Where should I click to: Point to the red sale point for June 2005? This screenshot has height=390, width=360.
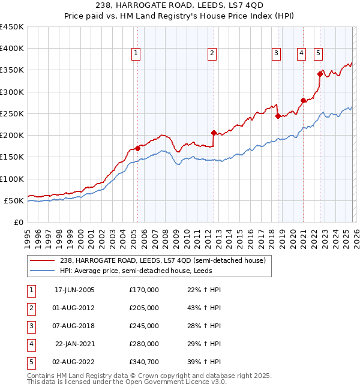tap(137, 148)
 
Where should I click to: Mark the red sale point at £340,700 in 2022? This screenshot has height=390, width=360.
tap(320, 74)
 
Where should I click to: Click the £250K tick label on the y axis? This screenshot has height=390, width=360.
tap(12, 113)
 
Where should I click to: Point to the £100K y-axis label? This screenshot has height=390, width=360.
tap(12, 179)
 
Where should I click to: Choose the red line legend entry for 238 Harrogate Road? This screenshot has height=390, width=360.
tap(150, 260)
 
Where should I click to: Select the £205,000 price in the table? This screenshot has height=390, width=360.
tap(144, 308)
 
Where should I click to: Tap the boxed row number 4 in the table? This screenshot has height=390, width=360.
tap(30, 344)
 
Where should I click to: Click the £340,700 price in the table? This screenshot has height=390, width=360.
tap(144, 362)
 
